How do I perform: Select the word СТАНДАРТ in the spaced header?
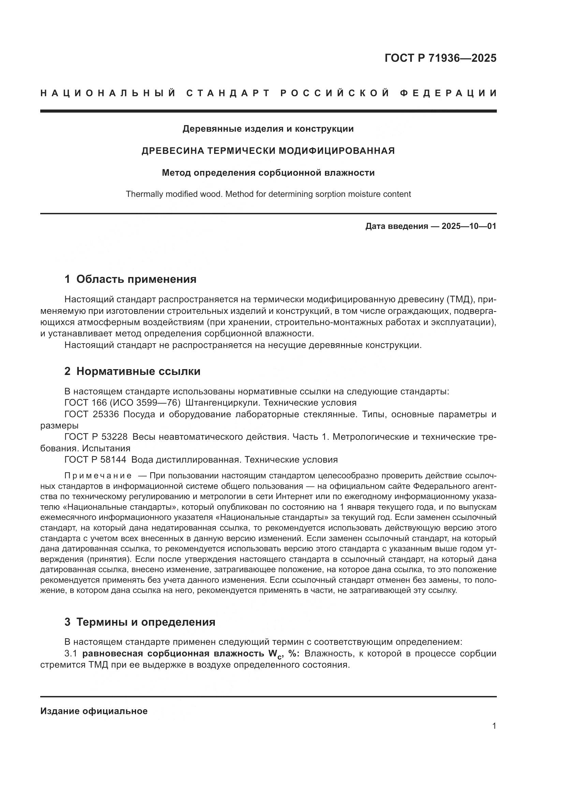click(228, 93)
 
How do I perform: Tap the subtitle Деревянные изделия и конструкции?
click(268, 129)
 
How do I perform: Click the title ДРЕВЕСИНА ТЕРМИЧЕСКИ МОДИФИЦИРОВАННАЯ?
click(268, 151)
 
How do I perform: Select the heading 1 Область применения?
click(130, 279)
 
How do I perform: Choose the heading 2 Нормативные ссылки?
click(132, 372)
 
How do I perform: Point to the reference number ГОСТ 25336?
click(92, 414)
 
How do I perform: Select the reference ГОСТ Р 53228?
click(96, 437)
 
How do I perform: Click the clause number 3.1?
click(70, 653)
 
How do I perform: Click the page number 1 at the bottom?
click(494, 726)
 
